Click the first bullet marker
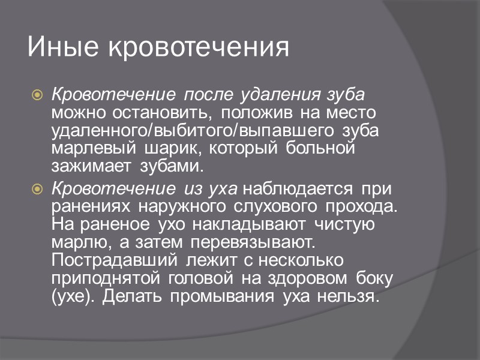point(37,95)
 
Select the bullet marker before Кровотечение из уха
point(37,190)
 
